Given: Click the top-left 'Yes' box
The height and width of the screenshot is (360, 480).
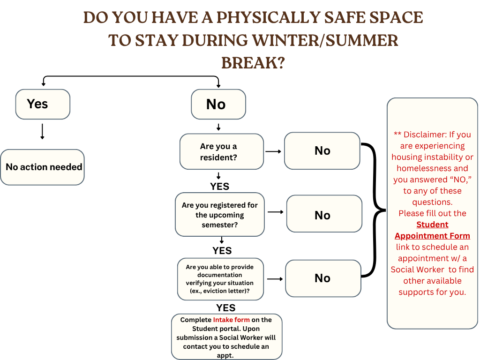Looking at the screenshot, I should pos(43,104).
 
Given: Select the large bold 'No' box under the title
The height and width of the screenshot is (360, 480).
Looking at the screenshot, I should pos(218,104).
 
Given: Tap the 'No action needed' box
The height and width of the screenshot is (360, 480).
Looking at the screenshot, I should pos(43,167).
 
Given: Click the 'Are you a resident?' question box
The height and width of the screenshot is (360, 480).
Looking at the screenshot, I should pos(221,151).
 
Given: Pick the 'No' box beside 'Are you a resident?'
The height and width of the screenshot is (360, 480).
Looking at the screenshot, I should pos(322,151).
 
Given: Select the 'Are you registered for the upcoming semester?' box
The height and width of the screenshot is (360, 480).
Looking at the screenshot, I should pos(219,215).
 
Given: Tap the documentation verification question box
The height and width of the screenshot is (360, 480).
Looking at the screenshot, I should pos(220,279).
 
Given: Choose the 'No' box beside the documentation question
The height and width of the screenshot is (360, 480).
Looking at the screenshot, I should pos(323,278).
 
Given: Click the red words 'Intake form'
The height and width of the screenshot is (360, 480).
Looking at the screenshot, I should pos(231,320).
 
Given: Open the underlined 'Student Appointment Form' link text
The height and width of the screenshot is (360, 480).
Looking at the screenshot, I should pos(432,230).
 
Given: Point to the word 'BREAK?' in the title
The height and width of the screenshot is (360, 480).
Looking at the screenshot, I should pos(253,62).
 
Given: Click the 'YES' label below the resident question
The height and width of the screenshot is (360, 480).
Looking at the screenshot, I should pos(219,186).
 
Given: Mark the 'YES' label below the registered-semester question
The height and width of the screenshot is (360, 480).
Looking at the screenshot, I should pos(222,250).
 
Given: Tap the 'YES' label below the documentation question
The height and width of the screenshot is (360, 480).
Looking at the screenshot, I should pos(225,307).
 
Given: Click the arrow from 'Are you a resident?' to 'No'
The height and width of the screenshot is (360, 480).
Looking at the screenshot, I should pos(273,151).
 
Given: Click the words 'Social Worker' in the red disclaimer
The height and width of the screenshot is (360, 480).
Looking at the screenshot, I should pos(418,270).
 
